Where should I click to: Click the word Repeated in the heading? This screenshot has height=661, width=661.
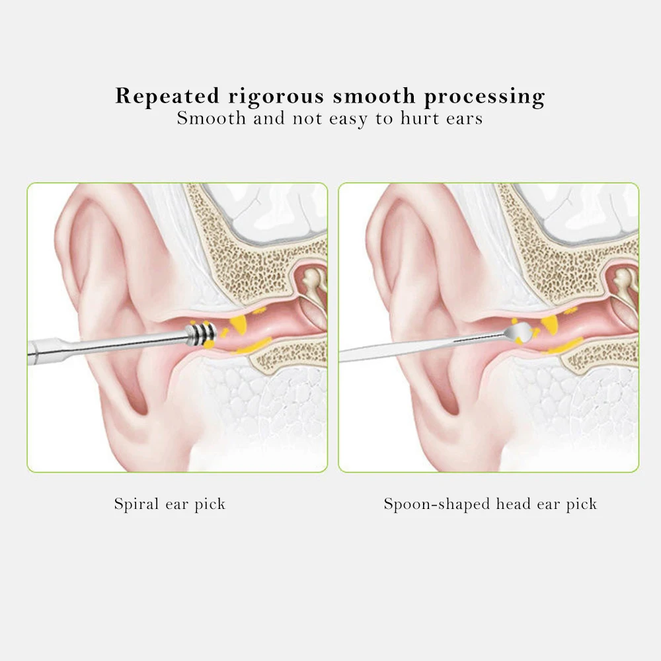point(167,97)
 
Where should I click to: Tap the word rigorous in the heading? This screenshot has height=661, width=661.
point(277,97)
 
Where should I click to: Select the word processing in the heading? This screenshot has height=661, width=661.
point(485,97)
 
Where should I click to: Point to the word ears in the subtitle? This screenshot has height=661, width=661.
point(462,119)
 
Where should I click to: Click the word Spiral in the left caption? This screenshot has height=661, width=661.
point(136,504)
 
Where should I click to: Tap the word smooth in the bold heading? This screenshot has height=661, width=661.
point(375,97)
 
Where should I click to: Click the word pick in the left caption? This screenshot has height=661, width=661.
point(210,505)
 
